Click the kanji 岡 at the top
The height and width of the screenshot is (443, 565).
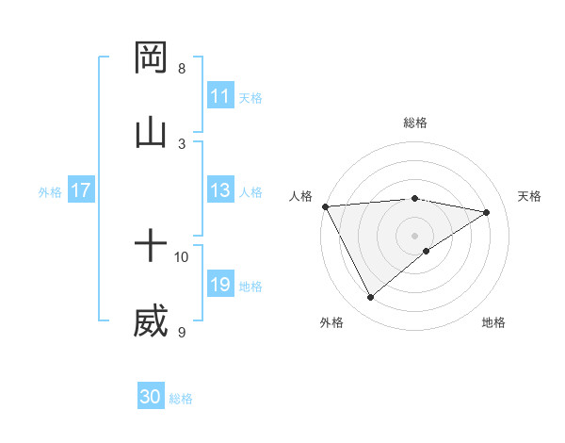151,57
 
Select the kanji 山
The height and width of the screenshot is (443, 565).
151,133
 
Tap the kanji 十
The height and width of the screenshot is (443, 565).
151,247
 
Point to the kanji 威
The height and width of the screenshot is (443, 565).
151,321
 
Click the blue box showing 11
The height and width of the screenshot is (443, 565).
220,96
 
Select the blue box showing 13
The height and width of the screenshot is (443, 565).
220,190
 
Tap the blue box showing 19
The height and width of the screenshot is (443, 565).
220,285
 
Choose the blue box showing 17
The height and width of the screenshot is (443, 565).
81,190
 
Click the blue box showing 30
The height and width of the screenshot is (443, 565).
151,397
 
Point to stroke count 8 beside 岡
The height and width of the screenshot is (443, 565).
182,68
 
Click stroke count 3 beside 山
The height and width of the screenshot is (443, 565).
182,143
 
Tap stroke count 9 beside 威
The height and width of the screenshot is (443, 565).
182,332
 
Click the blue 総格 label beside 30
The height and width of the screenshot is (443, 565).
181,399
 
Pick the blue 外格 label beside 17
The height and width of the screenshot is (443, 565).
50,192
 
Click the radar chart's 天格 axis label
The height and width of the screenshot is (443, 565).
529,196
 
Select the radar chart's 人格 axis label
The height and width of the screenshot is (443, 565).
300,196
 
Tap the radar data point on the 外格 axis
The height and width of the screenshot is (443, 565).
370,298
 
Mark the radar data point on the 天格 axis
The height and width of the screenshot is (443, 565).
487,212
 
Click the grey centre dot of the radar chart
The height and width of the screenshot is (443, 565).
414,235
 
